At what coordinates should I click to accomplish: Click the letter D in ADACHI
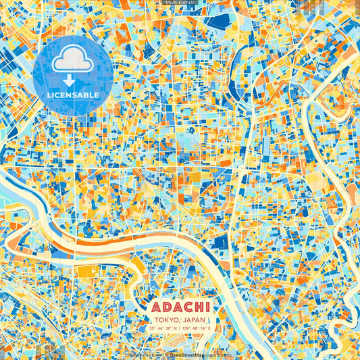(x=165, y=307)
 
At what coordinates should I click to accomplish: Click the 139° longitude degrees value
(x=186, y=328)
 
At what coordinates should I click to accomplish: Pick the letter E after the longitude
(x=210, y=328)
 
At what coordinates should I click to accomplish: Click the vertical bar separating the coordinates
(x=178, y=328)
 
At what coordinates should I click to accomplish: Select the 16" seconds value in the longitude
(x=204, y=328)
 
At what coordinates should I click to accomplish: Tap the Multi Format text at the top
(x=180, y=3)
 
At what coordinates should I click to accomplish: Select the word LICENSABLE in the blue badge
(x=73, y=95)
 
